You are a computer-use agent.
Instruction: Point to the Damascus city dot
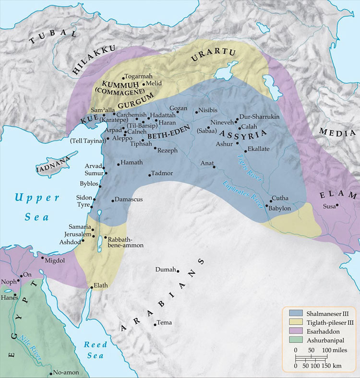[x=112, y=200]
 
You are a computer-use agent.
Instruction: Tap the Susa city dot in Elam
[x=337, y=205]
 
